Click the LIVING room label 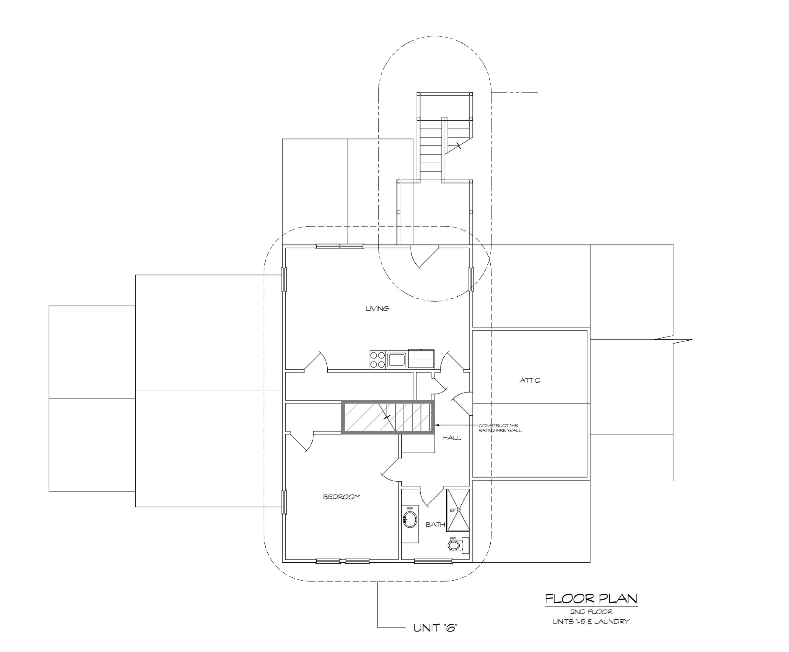pyautogui.click(x=377, y=309)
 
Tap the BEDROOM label pyautogui.click(x=342, y=497)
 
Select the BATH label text pyautogui.click(x=435, y=525)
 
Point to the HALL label pyautogui.click(x=452, y=438)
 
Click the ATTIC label pyautogui.click(x=529, y=380)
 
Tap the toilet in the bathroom pyautogui.click(x=458, y=545)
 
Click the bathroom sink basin pyautogui.click(x=410, y=520)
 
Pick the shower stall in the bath pyautogui.click(x=458, y=511)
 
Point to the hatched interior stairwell pyautogui.click(x=388, y=417)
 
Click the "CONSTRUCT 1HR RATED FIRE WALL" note pyautogui.click(x=500, y=428)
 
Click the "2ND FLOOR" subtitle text pyautogui.click(x=591, y=612)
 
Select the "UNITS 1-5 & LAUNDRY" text pyautogui.click(x=591, y=622)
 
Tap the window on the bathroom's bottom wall pyautogui.click(x=433, y=561)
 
